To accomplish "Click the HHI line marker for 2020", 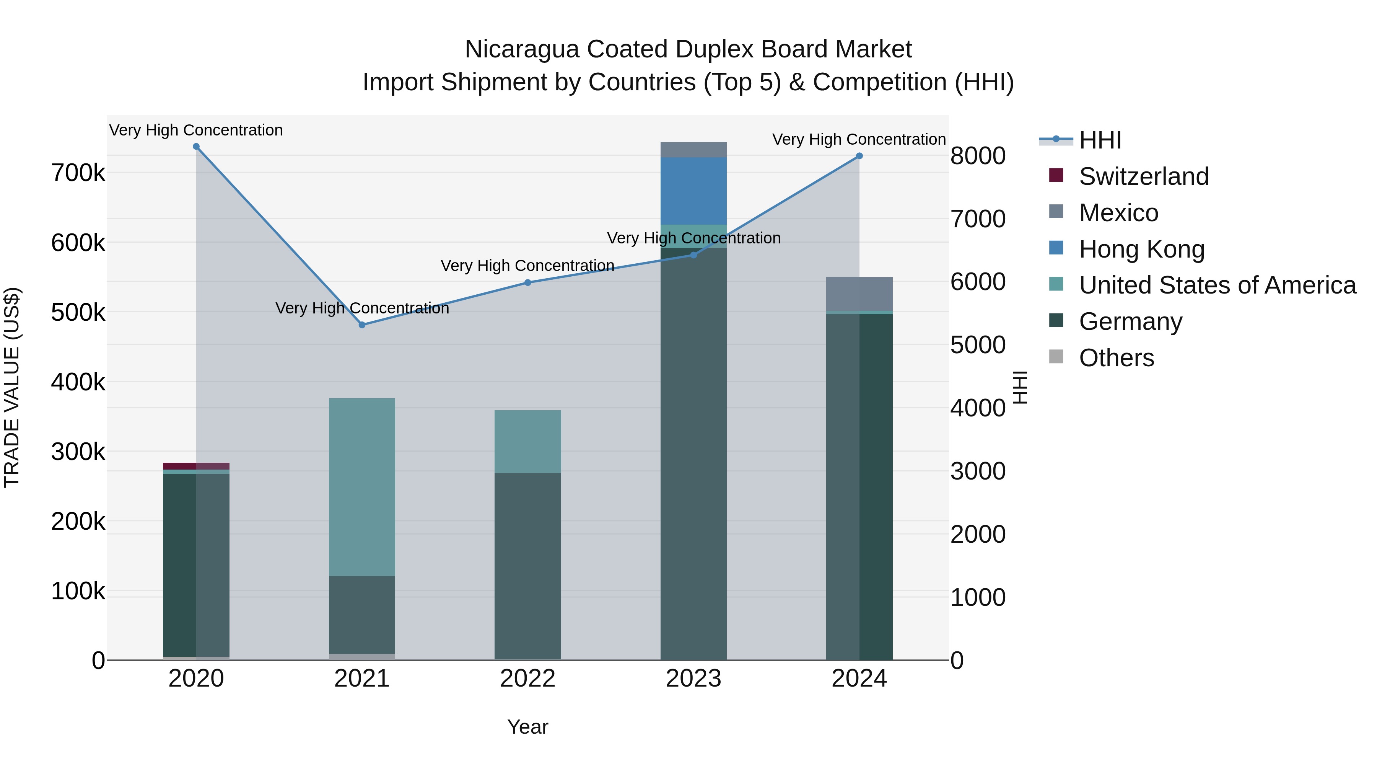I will [196, 147].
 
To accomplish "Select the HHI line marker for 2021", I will [362, 325].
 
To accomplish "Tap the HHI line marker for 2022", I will [527, 282].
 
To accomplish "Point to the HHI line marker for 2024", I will [859, 156].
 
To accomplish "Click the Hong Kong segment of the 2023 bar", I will [693, 191].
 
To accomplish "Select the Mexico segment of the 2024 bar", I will [859, 294].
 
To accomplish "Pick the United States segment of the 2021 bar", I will [362, 487].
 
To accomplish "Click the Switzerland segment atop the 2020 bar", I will [196, 466].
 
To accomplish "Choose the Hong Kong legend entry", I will [1141, 249].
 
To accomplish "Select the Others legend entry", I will [1116, 358].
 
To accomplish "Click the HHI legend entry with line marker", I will [1100, 140].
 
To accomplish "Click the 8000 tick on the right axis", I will [978, 156].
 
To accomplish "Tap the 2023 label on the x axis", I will [693, 679].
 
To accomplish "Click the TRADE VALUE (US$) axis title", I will [12, 387].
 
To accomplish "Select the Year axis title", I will [527, 727].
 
